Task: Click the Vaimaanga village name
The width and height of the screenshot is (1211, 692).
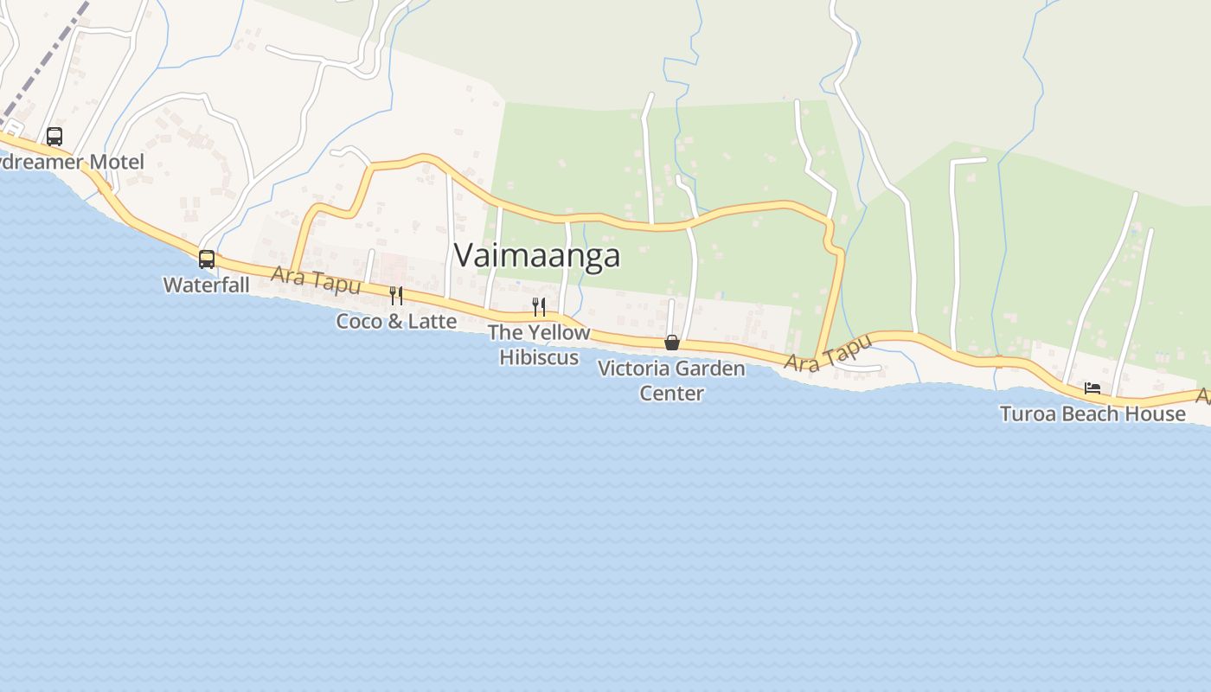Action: (x=536, y=255)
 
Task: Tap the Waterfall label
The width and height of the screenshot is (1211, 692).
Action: (x=206, y=285)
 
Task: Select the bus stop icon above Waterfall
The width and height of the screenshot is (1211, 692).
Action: (x=206, y=259)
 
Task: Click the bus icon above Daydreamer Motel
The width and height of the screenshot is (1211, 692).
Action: (x=54, y=136)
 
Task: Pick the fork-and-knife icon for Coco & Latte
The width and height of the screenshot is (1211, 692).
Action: (x=395, y=296)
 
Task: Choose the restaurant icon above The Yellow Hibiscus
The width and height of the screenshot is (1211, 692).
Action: (x=538, y=306)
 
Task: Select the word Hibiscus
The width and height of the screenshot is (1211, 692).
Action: (x=538, y=356)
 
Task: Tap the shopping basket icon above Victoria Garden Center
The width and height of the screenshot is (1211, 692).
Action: (x=671, y=343)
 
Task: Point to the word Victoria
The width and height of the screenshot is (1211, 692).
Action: (x=633, y=368)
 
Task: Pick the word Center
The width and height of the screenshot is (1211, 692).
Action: (x=671, y=393)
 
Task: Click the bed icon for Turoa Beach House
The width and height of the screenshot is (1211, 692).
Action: (x=1092, y=388)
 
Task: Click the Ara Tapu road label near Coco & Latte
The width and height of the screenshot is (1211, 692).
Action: (x=315, y=280)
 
